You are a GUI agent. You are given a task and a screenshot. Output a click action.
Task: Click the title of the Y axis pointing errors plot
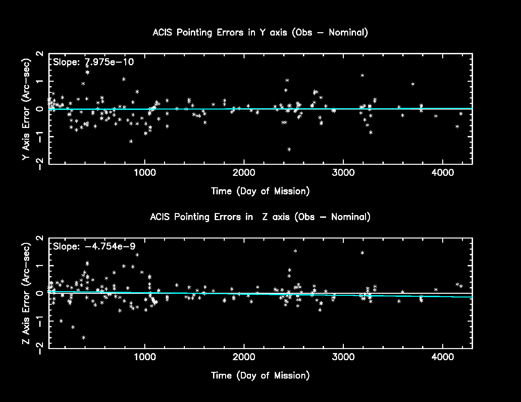pyautogui.click(x=260, y=33)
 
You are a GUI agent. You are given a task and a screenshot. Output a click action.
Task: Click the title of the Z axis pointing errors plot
pyautogui.click(x=260, y=217)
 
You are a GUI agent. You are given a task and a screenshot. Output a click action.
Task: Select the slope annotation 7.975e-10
pyautogui.click(x=93, y=62)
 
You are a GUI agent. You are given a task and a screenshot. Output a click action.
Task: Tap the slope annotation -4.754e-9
pyautogui.click(x=94, y=247)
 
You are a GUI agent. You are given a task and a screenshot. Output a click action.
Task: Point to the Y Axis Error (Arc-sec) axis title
pyautogui.click(x=27, y=109)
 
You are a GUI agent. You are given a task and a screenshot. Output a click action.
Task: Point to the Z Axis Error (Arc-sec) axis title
pyautogui.click(x=27, y=293)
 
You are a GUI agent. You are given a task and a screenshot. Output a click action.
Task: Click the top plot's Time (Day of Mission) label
pyautogui.click(x=260, y=191)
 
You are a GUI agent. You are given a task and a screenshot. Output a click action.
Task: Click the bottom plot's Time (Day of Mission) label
pyautogui.click(x=260, y=376)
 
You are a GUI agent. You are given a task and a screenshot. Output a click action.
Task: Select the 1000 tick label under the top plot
pyautogui.click(x=145, y=173)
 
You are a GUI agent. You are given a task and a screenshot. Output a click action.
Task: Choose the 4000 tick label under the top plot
pyautogui.click(x=442, y=173)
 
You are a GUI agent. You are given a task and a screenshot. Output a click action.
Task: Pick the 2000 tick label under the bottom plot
pyautogui.click(x=244, y=357)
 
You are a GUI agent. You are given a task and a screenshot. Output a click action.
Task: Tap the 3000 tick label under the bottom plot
pyautogui.click(x=343, y=357)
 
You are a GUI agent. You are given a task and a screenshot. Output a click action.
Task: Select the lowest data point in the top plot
pyautogui.click(x=289, y=149)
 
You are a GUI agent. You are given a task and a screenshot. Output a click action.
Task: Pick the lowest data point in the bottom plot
pyautogui.click(x=84, y=338)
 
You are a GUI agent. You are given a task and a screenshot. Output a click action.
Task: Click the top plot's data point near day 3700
pyautogui.click(x=413, y=84)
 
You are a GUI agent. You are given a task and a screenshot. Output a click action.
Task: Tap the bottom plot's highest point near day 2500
pyautogui.click(x=295, y=251)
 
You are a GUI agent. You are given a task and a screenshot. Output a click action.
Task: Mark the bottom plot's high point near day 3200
pyautogui.click(x=362, y=253)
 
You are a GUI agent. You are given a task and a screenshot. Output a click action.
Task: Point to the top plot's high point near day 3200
pyautogui.click(x=362, y=75)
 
